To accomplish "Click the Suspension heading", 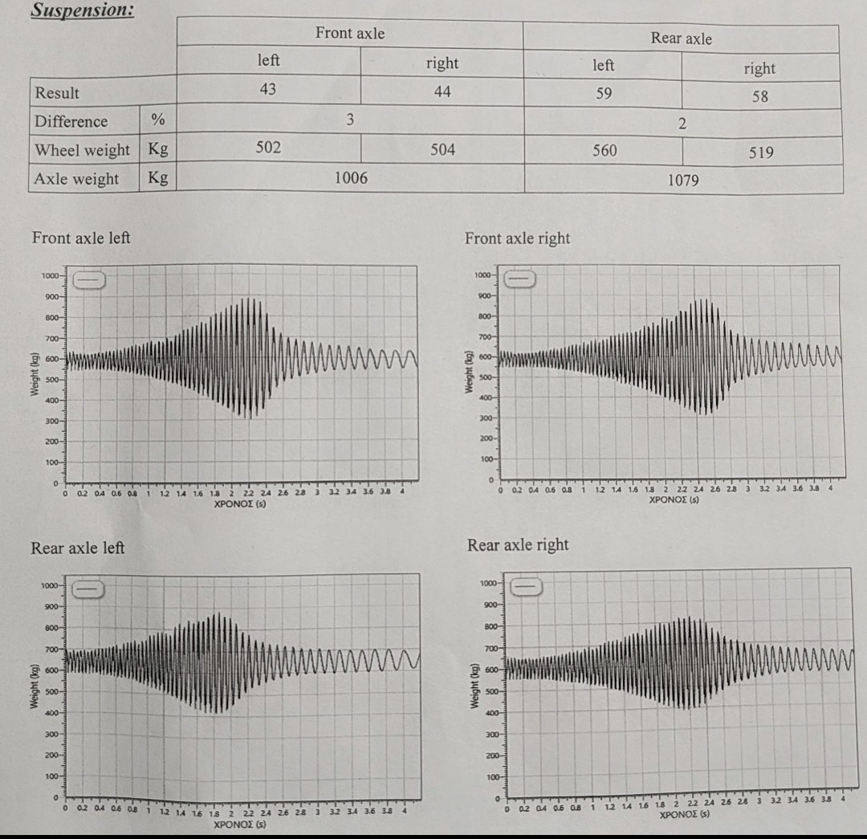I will (x=83, y=10).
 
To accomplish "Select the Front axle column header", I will (x=350, y=33).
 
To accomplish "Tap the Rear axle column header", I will (x=681, y=38).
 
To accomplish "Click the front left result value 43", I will (x=268, y=89).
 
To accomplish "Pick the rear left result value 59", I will (x=603, y=93).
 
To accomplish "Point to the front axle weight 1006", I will (x=350, y=177).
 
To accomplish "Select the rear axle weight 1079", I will (x=683, y=181).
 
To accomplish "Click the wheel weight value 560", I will (x=604, y=150).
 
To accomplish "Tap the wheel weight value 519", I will (x=761, y=153).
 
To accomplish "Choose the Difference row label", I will (x=71, y=121).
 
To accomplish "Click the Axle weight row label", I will (x=76, y=179).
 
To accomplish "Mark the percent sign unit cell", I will (x=157, y=120).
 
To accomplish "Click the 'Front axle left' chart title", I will (x=81, y=238).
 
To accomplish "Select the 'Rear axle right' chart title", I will (x=518, y=545).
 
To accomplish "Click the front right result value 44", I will (x=442, y=92).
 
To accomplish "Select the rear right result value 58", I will (x=759, y=96).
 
